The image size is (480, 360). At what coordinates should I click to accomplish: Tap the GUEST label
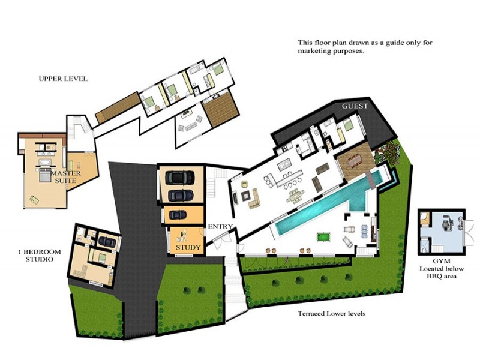click(354, 106)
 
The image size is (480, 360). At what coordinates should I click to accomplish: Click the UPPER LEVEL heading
click(63, 79)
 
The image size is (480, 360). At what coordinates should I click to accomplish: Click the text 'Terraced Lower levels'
click(332, 314)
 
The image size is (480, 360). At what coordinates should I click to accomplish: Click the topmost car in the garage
click(179, 177)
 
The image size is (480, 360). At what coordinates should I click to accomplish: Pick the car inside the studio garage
click(107, 241)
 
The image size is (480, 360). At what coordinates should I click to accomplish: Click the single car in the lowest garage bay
click(179, 214)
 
